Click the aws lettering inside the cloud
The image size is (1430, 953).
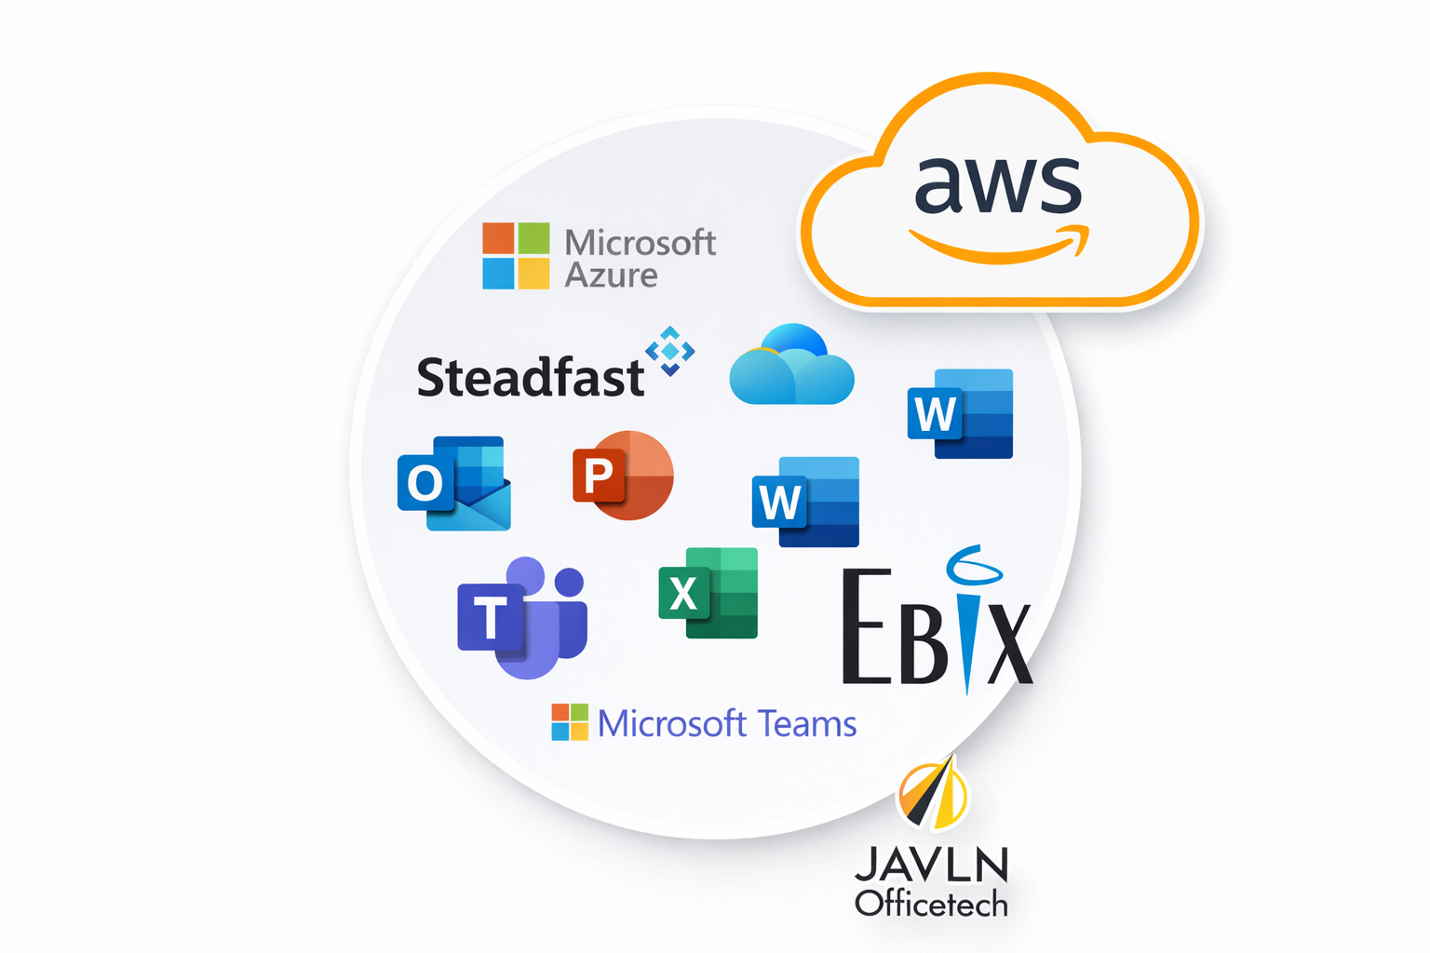tap(997, 183)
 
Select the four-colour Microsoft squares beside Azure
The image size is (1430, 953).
tap(516, 256)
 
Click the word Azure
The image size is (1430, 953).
tap(611, 275)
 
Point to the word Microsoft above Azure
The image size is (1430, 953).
tap(641, 242)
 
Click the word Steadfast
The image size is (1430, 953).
tap(530, 377)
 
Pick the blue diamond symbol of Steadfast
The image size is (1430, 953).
tap(670, 351)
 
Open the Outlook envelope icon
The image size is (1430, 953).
tap(454, 483)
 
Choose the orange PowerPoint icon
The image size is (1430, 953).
tap(623, 475)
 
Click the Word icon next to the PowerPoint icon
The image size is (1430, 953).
tap(805, 502)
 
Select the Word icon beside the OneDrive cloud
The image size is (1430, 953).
tap(960, 414)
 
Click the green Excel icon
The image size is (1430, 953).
tap(708, 593)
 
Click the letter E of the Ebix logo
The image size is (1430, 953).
tap(863, 628)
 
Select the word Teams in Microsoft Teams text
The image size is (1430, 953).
tap(806, 723)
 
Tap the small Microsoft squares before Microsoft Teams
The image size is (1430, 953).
tap(570, 722)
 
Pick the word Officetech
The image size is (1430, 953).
tap(931, 904)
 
